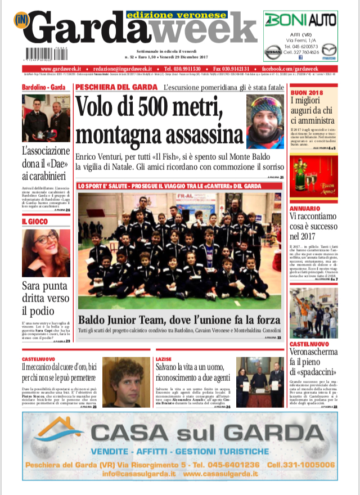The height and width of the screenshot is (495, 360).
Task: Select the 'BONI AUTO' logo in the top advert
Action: pos(300,21)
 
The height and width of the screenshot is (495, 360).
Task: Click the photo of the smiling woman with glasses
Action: pos(46,253)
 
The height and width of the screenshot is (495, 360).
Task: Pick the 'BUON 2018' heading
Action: pos(307,92)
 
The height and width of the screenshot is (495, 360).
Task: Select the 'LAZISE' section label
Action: pos(163,358)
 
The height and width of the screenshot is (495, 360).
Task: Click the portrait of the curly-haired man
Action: pos(127,382)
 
